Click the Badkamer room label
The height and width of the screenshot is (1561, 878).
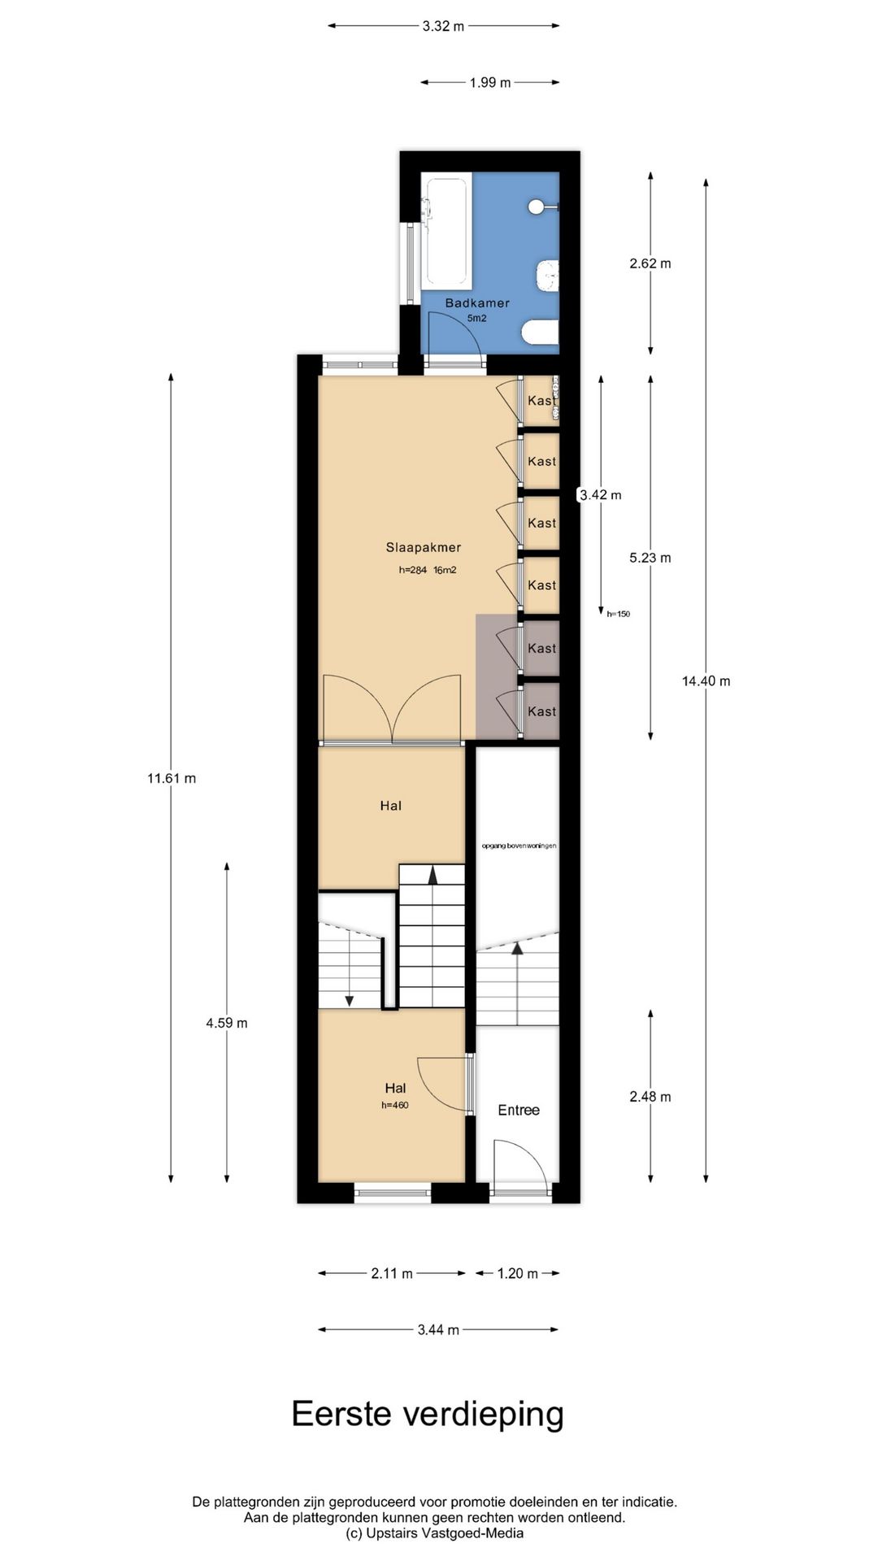click(477, 303)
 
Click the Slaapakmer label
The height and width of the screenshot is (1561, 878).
click(423, 548)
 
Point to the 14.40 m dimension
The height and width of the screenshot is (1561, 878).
click(706, 681)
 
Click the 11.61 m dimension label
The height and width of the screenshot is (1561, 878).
click(172, 778)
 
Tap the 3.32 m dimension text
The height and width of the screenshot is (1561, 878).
click(443, 26)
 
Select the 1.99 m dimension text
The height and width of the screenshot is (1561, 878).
click(490, 82)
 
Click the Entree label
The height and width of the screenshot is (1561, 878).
click(519, 1110)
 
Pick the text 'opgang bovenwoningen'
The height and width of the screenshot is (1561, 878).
click(519, 846)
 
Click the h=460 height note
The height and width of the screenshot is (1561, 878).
click(395, 1105)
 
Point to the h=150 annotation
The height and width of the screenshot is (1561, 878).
click(618, 615)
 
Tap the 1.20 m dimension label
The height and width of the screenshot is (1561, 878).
click(518, 1273)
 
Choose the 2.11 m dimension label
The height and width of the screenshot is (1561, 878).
click(392, 1273)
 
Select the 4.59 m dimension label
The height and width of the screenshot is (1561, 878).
click(227, 1023)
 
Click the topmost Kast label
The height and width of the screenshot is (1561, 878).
click(541, 401)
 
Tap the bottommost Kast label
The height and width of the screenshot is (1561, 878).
click(541, 711)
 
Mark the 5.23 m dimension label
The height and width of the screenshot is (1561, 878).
click(650, 558)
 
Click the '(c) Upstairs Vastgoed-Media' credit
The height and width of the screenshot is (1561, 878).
click(435, 1533)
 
